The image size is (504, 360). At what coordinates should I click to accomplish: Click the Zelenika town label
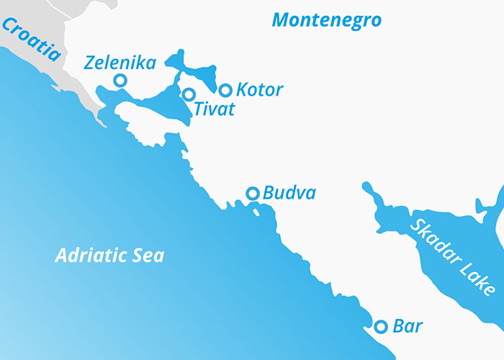pos(120,63)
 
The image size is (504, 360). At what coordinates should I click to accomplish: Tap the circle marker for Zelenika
pos(120,80)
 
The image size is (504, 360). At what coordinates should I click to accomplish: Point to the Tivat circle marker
pos(189,94)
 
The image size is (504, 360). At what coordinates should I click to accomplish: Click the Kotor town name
pos(260,90)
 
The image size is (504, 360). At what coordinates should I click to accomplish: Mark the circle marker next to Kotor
pos(225,90)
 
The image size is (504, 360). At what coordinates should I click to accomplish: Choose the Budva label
pos(289,193)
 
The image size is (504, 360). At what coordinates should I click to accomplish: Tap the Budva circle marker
pos(253,193)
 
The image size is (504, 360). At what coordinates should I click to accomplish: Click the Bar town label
pos(408,326)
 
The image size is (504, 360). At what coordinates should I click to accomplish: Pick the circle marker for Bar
pos(381,326)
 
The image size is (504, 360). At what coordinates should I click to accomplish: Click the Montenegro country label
pos(326,20)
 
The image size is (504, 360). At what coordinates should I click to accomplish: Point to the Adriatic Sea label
pos(109,256)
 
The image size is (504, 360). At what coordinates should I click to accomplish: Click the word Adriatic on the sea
pos(89,256)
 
